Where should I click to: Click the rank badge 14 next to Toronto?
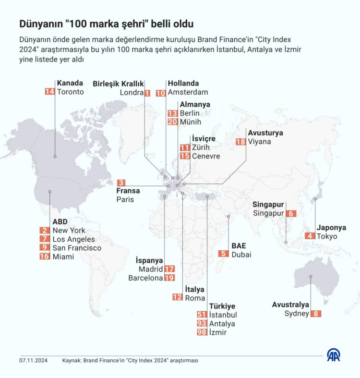tap(50, 92)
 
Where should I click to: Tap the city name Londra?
tap(132, 92)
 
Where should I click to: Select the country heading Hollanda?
tap(183, 83)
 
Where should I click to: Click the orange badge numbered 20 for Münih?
tap(173, 122)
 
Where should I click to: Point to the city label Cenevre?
tap(206, 156)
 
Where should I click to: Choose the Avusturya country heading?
tap(265, 133)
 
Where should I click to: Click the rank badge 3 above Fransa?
tap(121, 183)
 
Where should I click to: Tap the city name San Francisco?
tap(77, 248)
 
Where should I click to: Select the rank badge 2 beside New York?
tap(45, 231)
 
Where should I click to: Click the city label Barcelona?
tap(145, 278)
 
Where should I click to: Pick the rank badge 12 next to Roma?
tap(178, 298)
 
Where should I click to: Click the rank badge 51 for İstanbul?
tap(203, 315)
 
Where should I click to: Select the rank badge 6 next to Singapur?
tap(290, 214)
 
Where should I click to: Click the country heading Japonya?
tap(331, 227)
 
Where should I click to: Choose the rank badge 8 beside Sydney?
tap(316, 314)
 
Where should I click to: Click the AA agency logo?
tap(334, 355)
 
